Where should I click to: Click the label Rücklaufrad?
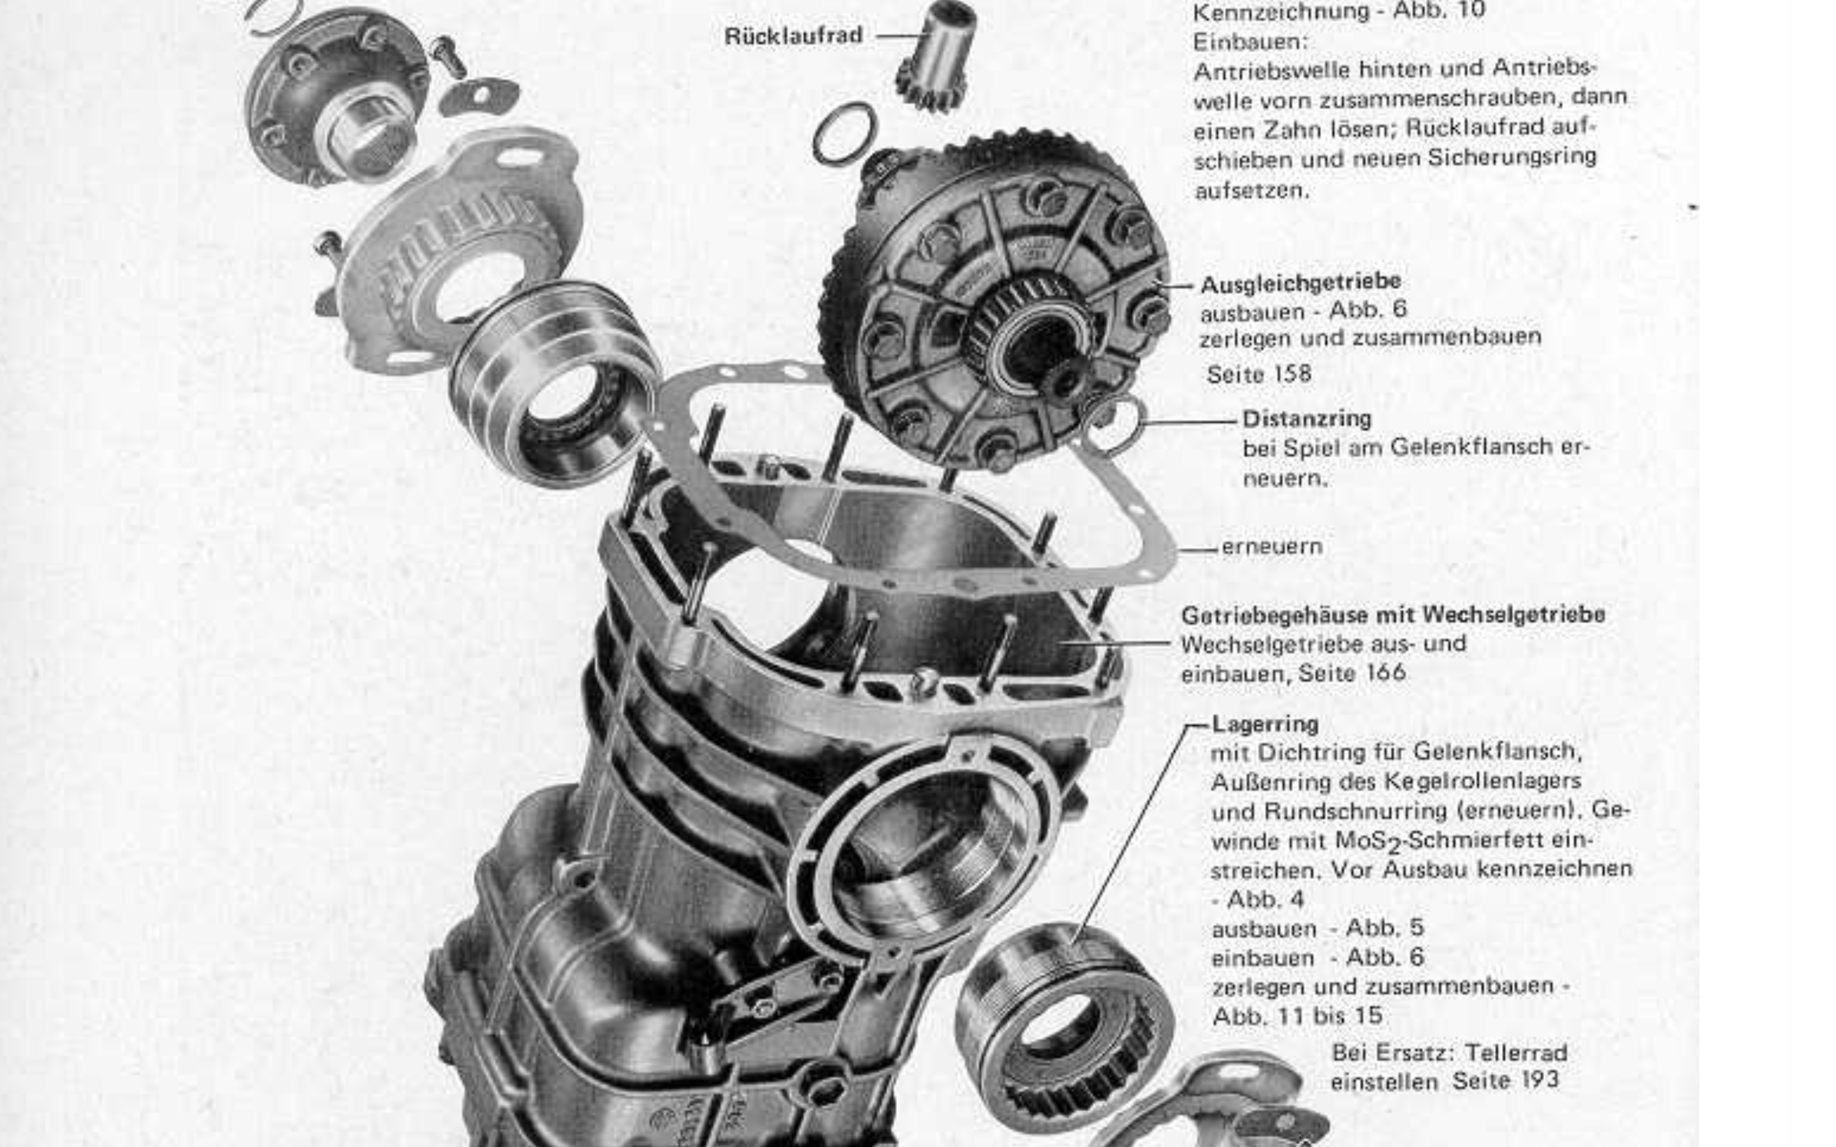tap(793, 36)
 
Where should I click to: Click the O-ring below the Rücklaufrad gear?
tap(845, 133)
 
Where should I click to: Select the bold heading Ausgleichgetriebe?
tap(1300, 283)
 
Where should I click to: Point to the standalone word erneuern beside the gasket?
tap(1272, 546)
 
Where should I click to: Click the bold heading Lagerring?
tap(1265, 724)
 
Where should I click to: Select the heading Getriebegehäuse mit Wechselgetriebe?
tap(1393, 614)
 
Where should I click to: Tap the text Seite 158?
tap(1258, 374)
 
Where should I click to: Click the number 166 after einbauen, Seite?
tap(1385, 673)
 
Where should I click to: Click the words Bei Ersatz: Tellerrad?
tap(1449, 1053)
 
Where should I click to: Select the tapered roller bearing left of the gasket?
tap(554, 383)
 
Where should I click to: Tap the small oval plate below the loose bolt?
tap(479, 97)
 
